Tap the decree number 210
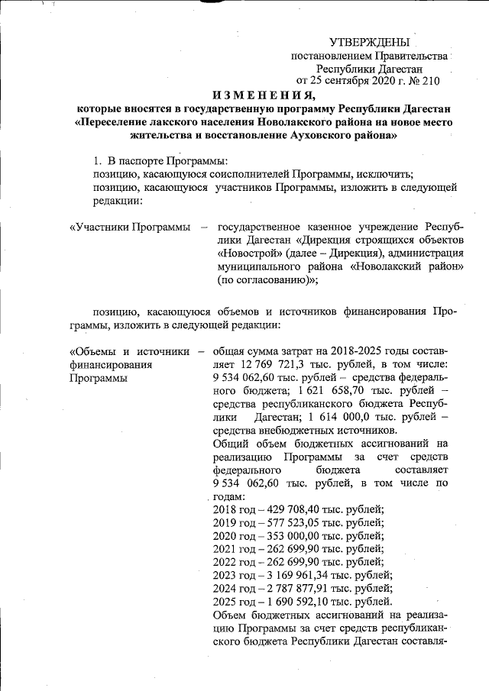tap(430, 80)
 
